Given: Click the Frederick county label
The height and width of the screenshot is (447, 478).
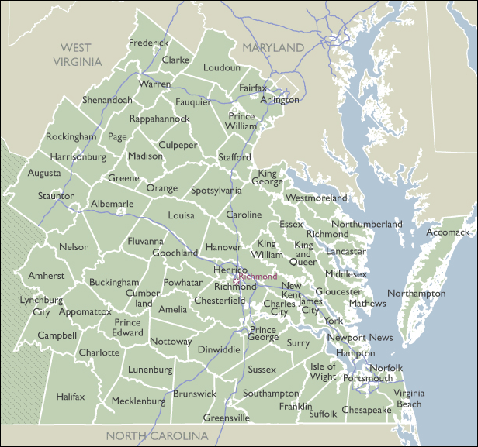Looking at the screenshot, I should (x=149, y=43).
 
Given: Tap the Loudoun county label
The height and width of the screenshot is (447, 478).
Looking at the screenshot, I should (x=222, y=68).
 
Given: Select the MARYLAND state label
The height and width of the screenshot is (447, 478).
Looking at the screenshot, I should (x=273, y=48).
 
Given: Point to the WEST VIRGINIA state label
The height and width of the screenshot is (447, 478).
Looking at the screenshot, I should (x=77, y=54).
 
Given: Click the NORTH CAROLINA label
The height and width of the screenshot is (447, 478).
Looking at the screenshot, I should (x=158, y=436).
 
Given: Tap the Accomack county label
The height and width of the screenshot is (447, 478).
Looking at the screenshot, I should (x=448, y=232).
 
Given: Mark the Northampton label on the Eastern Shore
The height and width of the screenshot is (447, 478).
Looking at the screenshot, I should (x=417, y=294).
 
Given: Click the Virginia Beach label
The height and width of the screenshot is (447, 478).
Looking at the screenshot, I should (x=409, y=399).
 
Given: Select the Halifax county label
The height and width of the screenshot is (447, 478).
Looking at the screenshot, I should (x=71, y=397).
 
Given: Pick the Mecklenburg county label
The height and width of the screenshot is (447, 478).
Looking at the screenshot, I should (x=139, y=401).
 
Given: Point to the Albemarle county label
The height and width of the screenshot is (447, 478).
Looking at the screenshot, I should (x=113, y=204).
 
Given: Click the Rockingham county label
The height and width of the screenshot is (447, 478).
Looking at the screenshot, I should (x=71, y=136).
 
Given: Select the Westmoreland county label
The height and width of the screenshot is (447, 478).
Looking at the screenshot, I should (x=317, y=198).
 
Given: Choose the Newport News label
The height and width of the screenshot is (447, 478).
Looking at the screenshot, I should (x=359, y=338).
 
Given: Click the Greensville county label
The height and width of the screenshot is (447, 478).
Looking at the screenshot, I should (x=227, y=418).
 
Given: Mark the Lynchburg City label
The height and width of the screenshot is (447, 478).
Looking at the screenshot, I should (x=41, y=306).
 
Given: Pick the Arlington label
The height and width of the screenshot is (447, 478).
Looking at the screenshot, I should (x=279, y=100).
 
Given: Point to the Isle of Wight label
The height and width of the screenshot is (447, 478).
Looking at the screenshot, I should (x=324, y=371).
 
